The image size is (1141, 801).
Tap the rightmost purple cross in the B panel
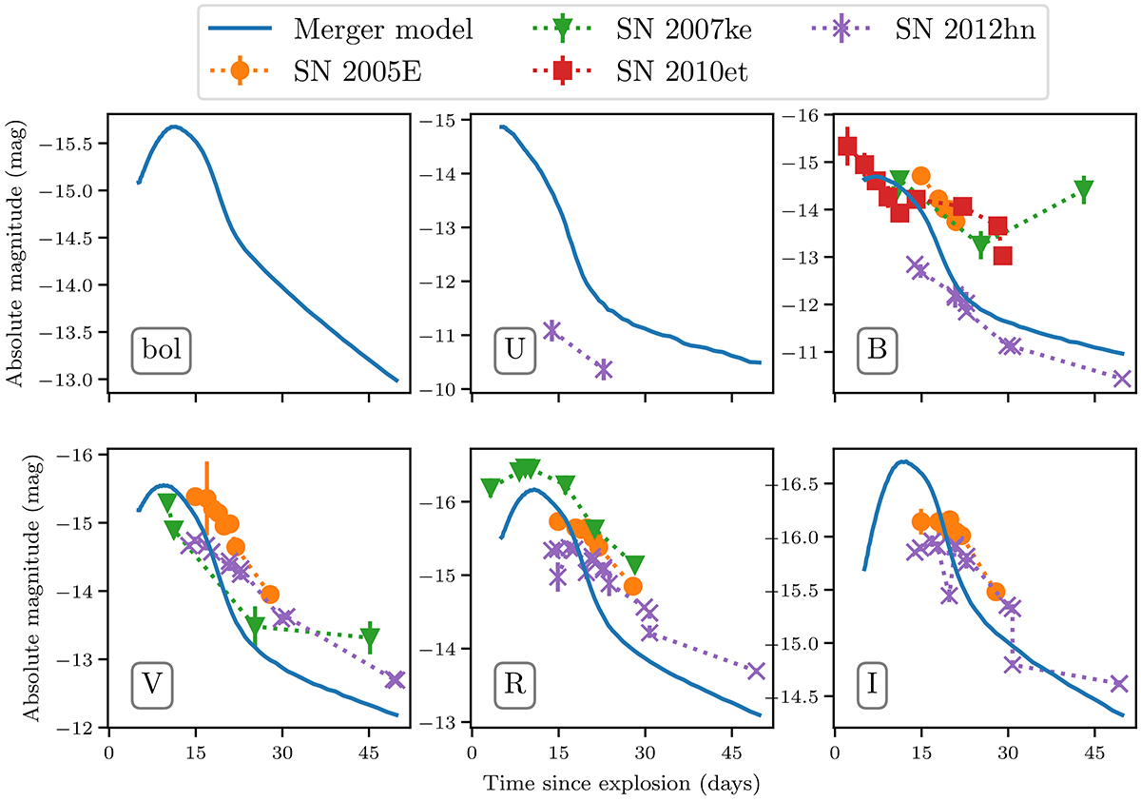[x=1122, y=379]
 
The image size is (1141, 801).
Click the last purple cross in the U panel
[x=603, y=369]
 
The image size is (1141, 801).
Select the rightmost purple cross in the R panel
[x=756, y=671]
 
